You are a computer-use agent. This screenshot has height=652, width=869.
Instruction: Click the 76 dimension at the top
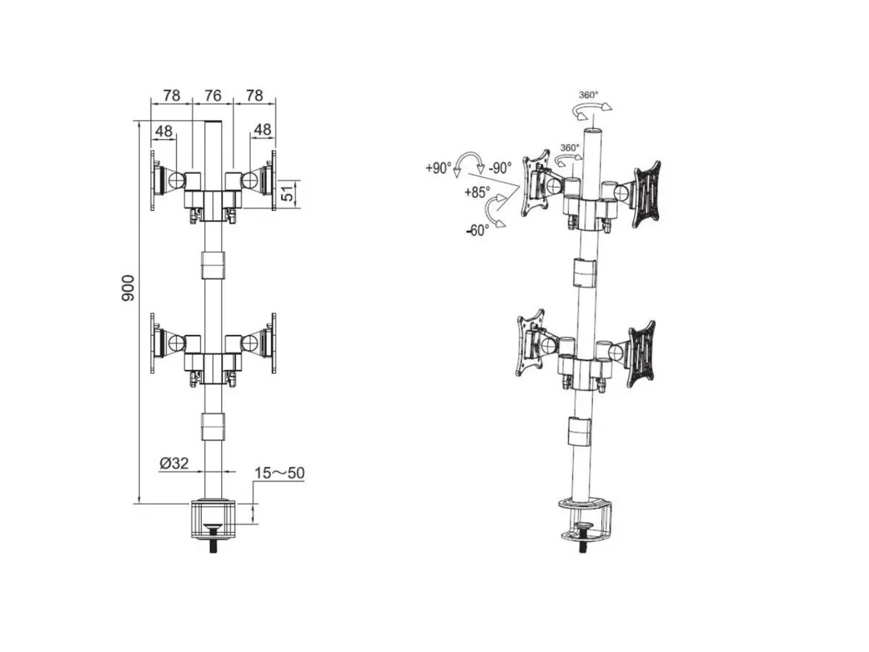click(212, 95)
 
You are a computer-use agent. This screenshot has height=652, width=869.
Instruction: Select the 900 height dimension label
click(127, 287)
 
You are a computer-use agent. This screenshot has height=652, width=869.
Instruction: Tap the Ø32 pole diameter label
click(174, 463)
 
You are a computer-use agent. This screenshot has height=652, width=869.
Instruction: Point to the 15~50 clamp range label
click(279, 473)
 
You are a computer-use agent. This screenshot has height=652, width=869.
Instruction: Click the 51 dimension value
click(288, 193)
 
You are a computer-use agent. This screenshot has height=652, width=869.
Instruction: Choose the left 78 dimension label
click(172, 95)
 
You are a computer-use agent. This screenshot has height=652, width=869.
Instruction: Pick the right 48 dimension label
click(262, 129)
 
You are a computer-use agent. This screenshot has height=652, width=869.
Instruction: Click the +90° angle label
click(439, 167)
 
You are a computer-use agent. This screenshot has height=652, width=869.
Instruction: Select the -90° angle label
click(500, 168)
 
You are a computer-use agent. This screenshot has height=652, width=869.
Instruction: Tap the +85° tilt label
click(478, 192)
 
